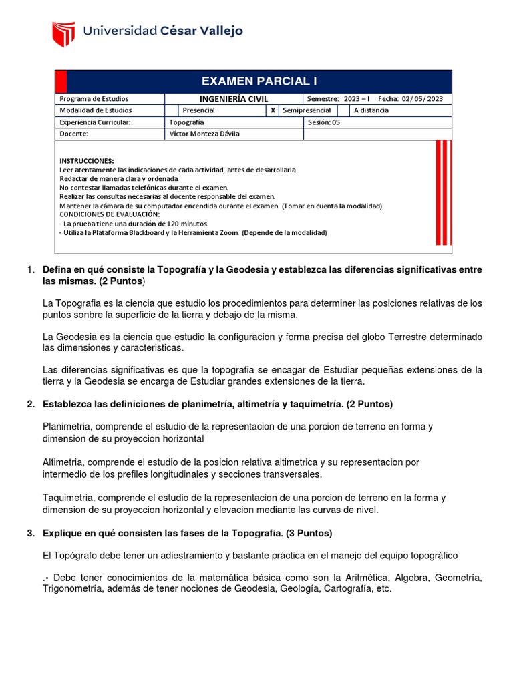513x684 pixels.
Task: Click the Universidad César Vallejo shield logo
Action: [63, 33]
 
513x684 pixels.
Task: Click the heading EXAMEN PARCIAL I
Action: [259, 81]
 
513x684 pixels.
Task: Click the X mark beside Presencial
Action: [273, 110]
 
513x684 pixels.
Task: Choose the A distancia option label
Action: [371, 110]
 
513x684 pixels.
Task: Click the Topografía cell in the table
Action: [187, 122]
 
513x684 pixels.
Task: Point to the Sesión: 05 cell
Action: [324, 122]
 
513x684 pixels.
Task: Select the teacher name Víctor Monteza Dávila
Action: [204, 134]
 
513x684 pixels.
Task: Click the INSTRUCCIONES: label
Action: [87, 161]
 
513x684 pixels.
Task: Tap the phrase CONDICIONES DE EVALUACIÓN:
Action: [110, 215]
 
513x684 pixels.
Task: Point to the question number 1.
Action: [29, 269]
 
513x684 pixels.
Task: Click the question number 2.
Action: [30, 405]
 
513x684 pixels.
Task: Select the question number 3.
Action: [30, 534]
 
